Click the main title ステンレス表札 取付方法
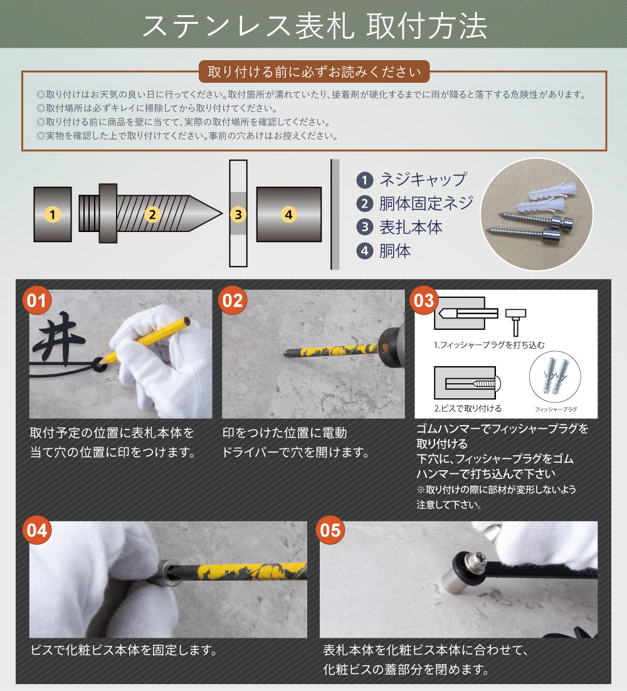pos(314,26)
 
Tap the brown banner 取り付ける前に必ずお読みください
pos(314,71)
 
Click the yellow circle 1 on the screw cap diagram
pos(53,214)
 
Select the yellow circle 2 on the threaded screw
pos(151,214)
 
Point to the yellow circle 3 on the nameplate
pos(238,214)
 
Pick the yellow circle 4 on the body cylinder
pos(288,214)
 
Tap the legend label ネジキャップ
pos(423,180)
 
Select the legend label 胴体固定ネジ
pos(426,204)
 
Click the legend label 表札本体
pos(411,228)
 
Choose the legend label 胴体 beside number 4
pos(395,251)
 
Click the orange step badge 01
pos(38,300)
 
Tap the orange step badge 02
pos(231,300)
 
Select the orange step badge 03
pos(424,300)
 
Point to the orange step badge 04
pos(38,531)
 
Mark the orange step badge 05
pos(330,531)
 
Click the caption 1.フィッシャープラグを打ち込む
pos(489,345)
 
